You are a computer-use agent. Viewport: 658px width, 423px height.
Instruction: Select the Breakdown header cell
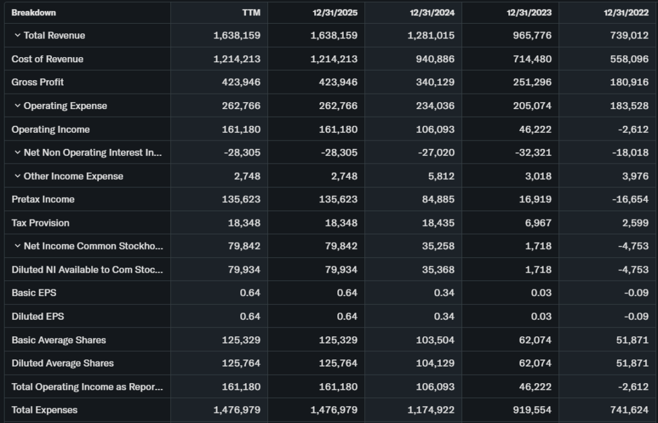(x=33, y=13)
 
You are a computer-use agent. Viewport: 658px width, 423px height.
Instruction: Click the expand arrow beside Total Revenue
(x=17, y=35)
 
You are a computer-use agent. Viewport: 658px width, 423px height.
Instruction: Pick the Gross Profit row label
(x=37, y=82)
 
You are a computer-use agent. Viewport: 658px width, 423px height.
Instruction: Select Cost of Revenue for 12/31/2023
(x=531, y=59)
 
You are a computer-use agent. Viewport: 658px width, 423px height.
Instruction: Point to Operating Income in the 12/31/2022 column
(x=633, y=129)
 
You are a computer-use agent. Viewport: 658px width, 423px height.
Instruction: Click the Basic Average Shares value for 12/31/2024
(x=434, y=340)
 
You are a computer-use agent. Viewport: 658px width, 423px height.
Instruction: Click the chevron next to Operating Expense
(x=17, y=105)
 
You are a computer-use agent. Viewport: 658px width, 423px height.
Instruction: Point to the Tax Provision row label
(x=40, y=223)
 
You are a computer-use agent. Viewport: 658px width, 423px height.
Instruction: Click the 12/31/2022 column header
(x=626, y=13)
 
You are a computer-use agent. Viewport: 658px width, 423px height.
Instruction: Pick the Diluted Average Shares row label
(x=62, y=363)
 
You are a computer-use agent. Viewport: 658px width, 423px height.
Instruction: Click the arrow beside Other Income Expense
(x=17, y=176)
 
